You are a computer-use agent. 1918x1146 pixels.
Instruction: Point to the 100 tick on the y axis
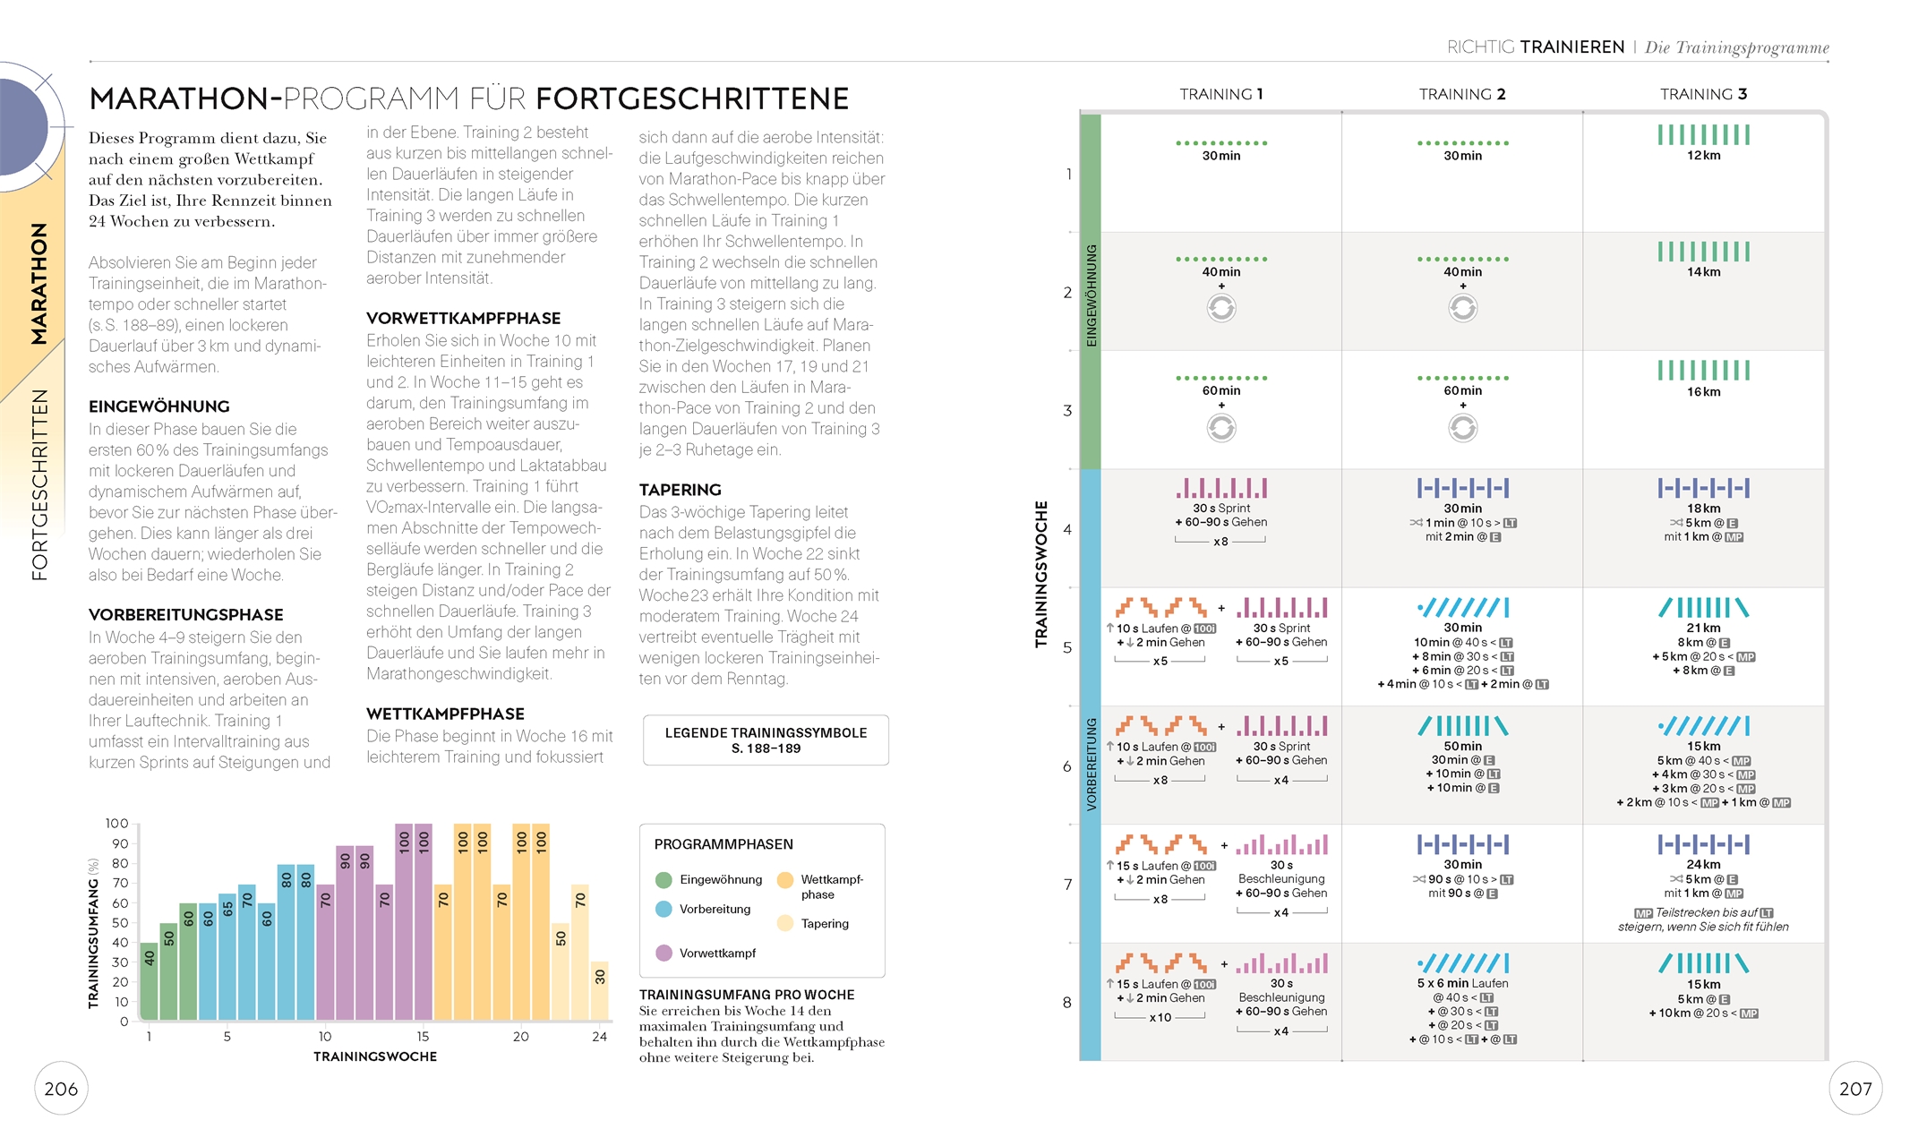coord(117,824)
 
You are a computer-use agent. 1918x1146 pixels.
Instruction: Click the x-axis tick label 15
coord(423,1037)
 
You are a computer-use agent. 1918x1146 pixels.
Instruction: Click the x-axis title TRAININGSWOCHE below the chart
coord(375,1056)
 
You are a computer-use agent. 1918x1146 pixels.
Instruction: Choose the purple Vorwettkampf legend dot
coord(664,953)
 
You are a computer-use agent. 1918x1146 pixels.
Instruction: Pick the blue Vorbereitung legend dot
coord(664,909)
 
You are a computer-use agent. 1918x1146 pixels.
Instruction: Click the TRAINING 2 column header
coord(1462,94)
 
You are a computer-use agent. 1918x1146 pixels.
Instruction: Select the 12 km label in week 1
coord(1703,156)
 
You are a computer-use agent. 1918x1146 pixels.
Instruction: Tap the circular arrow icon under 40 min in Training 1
coord(1221,309)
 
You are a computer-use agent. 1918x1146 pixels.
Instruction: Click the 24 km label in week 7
coord(1703,865)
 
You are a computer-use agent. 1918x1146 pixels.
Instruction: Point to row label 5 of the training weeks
coord(1067,647)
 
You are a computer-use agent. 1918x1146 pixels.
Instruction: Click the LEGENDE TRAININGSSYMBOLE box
coord(766,740)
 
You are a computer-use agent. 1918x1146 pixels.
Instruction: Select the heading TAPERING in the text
coord(680,490)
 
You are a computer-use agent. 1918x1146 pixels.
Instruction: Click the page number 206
coord(61,1089)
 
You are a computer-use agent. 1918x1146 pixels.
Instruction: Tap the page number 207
coord(1855,1089)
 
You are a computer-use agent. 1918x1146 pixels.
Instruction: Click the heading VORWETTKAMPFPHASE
coord(463,318)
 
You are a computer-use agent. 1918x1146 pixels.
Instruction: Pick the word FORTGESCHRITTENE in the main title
coord(692,98)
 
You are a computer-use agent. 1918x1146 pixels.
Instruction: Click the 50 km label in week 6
coord(1462,747)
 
